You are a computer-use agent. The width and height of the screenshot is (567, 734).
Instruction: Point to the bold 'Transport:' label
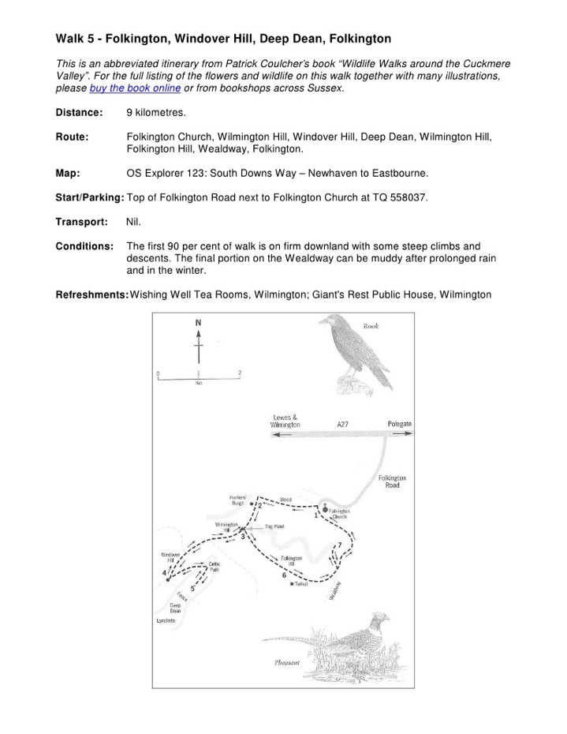pyautogui.click(x=81, y=222)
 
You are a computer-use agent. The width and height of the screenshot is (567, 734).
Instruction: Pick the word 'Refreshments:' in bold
pyautogui.click(x=91, y=295)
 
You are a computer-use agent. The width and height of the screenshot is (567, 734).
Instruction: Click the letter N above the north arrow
pyautogui.click(x=198, y=323)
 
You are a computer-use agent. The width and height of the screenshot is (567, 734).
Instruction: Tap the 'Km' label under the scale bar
pyautogui.click(x=199, y=383)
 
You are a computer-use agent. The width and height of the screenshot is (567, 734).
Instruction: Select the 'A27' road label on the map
pyautogui.click(x=343, y=425)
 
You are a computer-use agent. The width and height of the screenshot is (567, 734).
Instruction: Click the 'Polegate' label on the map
pyautogui.click(x=399, y=425)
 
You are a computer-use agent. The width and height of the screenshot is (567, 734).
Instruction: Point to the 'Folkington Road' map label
pyautogui.click(x=392, y=481)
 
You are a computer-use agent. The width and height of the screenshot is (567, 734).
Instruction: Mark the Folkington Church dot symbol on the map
pyautogui.click(x=325, y=510)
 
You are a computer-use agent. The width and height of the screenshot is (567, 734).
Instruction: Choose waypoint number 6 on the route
pyautogui.click(x=283, y=575)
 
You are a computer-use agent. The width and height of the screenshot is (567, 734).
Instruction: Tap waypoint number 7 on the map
pyautogui.click(x=340, y=545)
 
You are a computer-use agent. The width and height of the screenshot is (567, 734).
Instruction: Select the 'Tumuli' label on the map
pyautogui.click(x=304, y=584)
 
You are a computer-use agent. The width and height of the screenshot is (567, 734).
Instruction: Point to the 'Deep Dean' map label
pyautogui.click(x=175, y=608)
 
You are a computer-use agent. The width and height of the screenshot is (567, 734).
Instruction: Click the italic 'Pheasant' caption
pyautogui.click(x=287, y=662)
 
